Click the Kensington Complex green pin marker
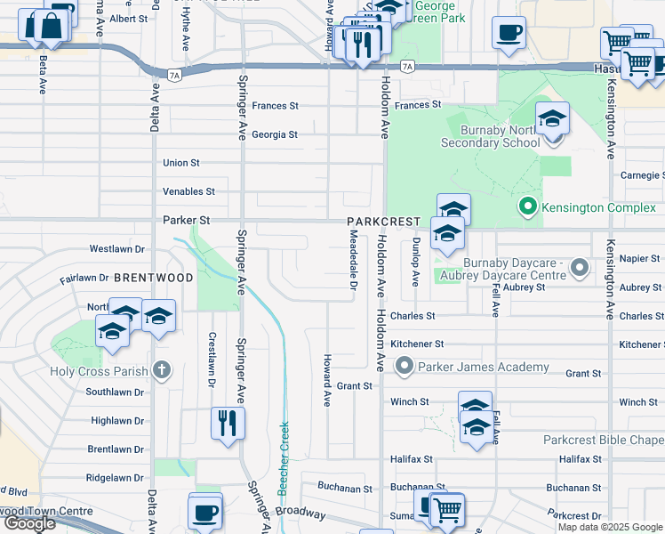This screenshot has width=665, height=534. [x=527, y=207]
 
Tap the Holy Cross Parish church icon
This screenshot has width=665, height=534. [x=161, y=369]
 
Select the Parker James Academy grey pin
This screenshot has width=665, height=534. [x=405, y=366]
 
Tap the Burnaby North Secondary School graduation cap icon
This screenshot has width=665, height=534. [x=552, y=120]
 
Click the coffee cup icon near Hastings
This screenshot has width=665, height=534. [x=509, y=34]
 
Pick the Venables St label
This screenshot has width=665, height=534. [x=188, y=191]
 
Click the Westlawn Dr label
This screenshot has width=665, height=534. [x=117, y=249]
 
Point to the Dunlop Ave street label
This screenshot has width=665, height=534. [x=415, y=261]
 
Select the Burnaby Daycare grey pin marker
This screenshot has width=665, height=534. [x=580, y=266]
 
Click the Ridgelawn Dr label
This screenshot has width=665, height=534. [x=116, y=478]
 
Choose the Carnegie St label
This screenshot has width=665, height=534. [x=642, y=175]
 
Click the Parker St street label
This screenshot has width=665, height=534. [x=186, y=220]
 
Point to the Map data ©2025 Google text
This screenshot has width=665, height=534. [x=610, y=527]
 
